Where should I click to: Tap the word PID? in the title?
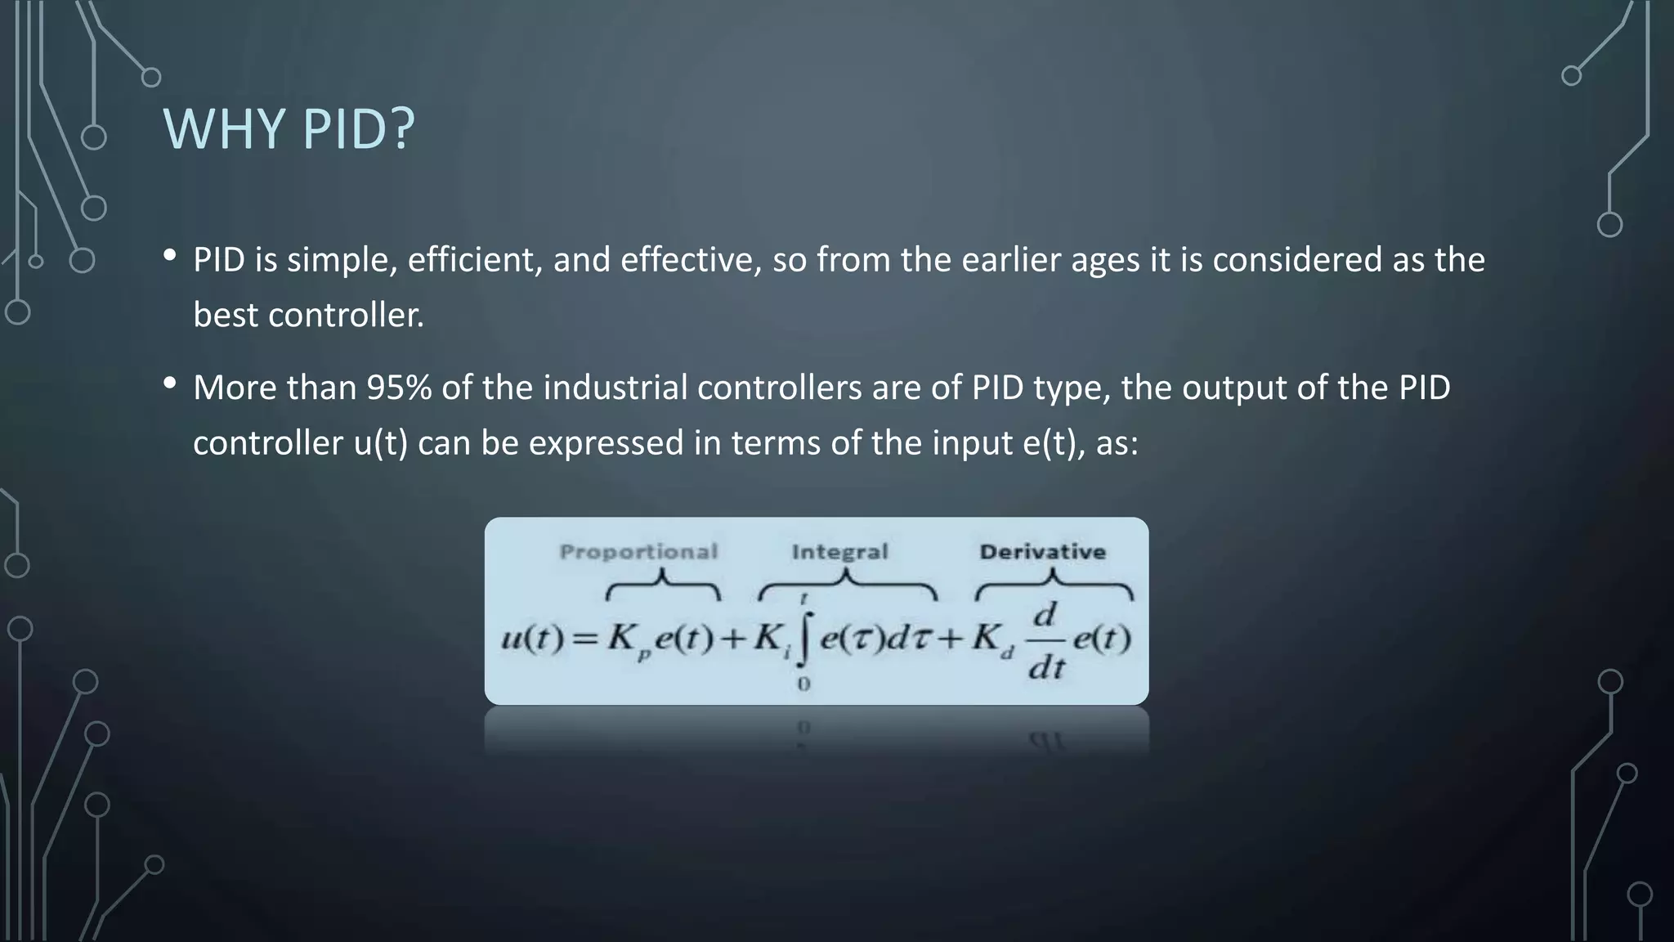359,129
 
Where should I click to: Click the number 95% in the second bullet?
399,388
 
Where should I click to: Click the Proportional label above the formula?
638,552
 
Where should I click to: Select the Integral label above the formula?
839,552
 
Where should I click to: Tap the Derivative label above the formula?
1042,552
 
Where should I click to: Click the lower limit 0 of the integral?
803,684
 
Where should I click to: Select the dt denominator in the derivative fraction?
1046,669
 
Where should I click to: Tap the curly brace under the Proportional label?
663,586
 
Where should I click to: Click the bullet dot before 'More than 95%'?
170,383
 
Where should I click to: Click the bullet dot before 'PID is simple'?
170,255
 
